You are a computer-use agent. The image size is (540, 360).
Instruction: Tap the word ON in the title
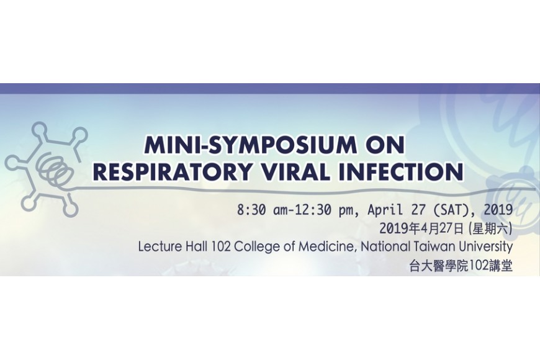click(384, 145)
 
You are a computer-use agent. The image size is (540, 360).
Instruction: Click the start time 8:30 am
click(261, 210)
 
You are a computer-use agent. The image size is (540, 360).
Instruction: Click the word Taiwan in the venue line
click(434, 246)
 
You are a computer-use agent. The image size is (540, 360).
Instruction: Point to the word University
click(486, 247)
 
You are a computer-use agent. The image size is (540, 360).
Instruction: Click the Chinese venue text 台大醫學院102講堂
click(461, 266)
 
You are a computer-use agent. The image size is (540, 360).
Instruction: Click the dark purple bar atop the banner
click(270, 89)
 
